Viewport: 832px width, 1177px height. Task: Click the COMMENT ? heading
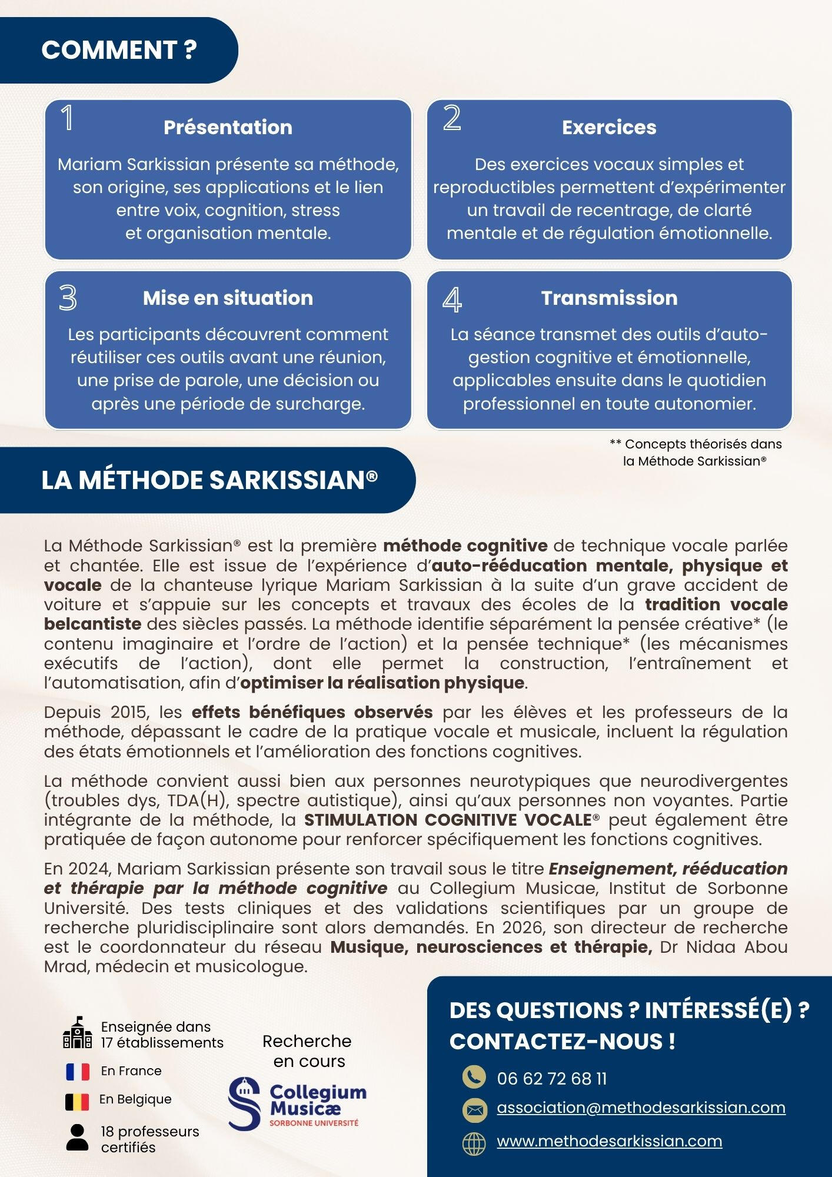point(119,51)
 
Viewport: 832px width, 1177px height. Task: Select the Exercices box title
point(609,128)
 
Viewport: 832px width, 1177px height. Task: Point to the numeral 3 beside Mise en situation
point(68,298)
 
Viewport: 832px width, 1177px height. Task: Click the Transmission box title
point(609,298)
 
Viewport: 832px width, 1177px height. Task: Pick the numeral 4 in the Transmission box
point(452,299)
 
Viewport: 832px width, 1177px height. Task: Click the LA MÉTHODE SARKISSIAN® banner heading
point(209,480)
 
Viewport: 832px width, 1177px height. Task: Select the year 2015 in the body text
point(129,712)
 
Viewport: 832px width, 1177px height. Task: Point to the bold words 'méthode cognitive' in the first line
point(465,546)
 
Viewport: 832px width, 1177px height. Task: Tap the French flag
point(78,1071)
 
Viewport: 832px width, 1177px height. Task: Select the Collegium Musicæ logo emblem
point(244,1103)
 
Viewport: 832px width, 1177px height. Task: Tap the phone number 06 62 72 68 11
point(551,1079)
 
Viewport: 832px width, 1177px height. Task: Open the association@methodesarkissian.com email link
point(641,1108)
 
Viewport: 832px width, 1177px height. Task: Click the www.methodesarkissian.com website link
point(609,1141)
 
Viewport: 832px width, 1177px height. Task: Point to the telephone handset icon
point(474,1077)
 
